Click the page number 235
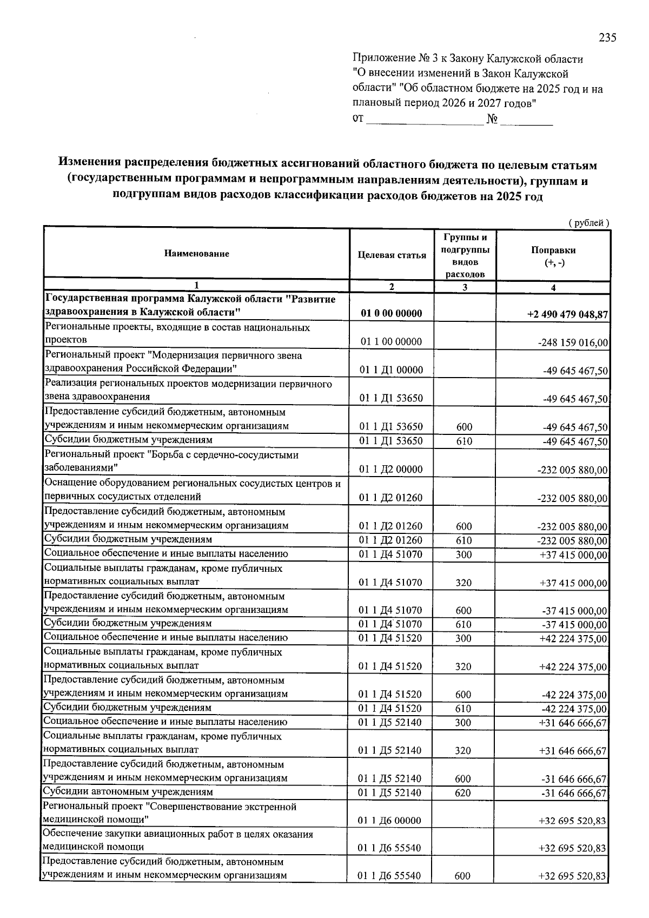[607, 38]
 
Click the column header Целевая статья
[392, 255]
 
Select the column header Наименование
[197, 254]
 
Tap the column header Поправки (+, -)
[553, 256]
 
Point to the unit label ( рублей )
[588, 223]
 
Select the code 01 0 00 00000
[391, 314]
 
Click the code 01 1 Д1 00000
[391, 371]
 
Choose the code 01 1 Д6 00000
[390, 821]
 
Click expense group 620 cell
[463, 793]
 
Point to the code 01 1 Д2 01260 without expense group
[391, 498]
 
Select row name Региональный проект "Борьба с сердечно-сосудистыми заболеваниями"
[171, 461]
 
